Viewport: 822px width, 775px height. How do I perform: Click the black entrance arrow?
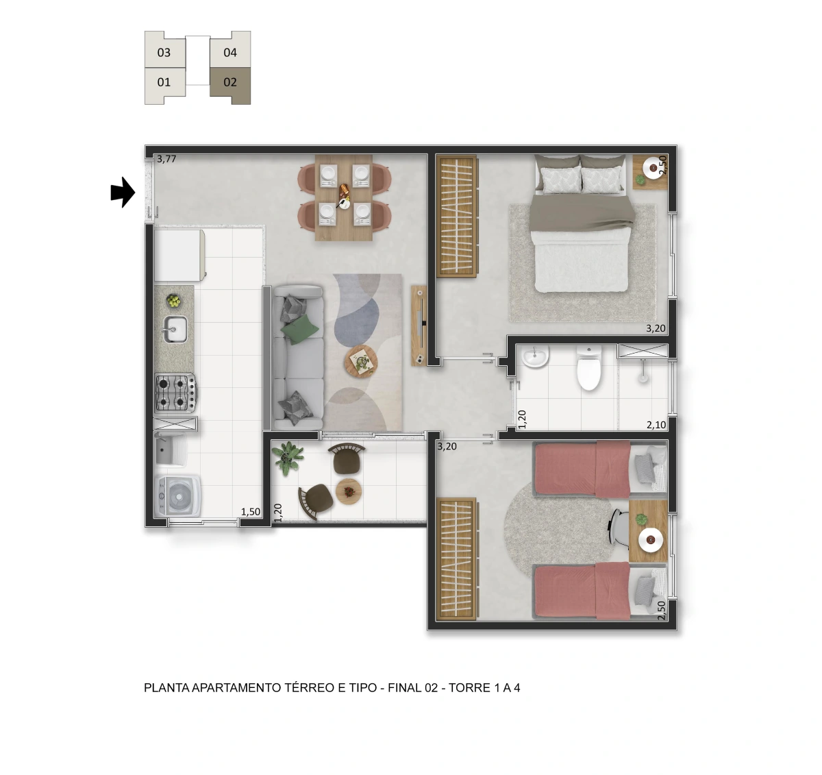point(123,193)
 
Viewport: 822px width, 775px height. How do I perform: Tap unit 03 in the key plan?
point(164,52)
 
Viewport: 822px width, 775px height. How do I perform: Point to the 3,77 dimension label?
point(166,159)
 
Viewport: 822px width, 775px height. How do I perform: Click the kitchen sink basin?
point(175,330)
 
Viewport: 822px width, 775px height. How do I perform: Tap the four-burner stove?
point(175,393)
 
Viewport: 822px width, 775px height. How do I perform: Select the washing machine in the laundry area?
point(177,495)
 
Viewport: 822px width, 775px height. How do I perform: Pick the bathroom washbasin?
point(535,356)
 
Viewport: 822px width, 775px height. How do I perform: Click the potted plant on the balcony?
point(286,457)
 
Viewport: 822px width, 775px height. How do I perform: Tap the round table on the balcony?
point(349,492)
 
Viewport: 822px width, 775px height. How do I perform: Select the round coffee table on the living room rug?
point(361,361)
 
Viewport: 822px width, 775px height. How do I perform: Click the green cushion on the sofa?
point(299,330)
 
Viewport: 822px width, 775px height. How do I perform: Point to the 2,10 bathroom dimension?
point(656,425)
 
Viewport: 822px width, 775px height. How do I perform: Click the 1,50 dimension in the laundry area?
point(251,512)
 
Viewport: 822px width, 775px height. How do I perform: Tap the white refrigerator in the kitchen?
point(179,256)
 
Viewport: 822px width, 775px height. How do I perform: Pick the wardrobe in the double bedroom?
point(457,217)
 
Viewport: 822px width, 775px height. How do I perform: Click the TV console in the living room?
point(419,325)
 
